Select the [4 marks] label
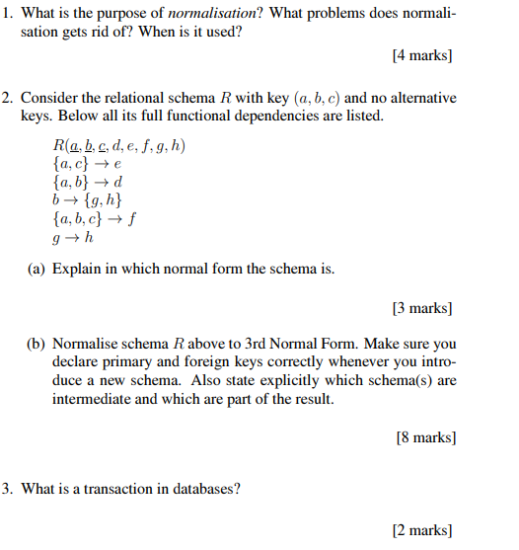(x=422, y=56)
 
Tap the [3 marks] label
(x=422, y=309)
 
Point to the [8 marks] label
(x=425, y=436)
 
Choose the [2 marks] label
(x=422, y=530)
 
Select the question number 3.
(x=7, y=488)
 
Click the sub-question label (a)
(x=37, y=268)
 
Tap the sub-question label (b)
(x=37, y=345)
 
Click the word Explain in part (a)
(x=77, y=268)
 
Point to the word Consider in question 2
(x=48, y=99)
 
